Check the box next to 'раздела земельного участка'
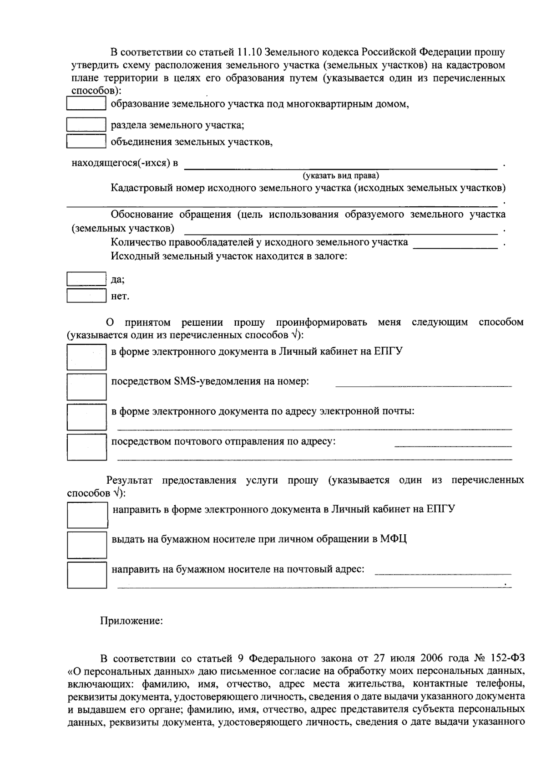coord(86,124)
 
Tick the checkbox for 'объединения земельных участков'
coord(86,141)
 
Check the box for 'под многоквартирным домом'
coord(86,103)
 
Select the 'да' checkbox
coord(86,279)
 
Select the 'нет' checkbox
coord(86,296)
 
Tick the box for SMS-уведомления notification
coord(86,387)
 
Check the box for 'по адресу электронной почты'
coord(86,417)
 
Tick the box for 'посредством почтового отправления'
coord(86,447)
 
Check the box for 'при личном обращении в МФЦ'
coord(87,545)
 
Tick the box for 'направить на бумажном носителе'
coord(87,575)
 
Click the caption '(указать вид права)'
coord(341,175)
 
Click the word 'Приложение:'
coord(131,620)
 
